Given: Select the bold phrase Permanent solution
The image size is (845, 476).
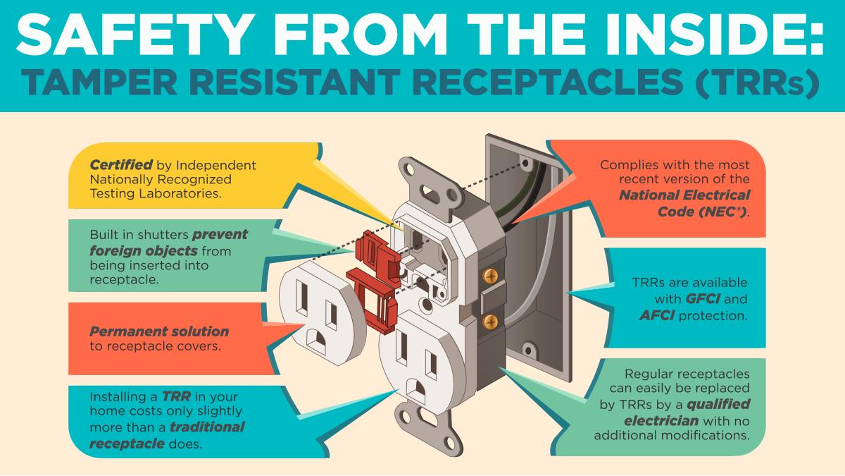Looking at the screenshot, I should [x=159, y=331].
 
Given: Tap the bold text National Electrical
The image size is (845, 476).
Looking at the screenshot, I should [x=684, y=195].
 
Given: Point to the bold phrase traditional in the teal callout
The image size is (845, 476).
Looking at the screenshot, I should [x=204, y=427].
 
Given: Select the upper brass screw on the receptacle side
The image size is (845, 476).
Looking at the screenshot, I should [x=487, y=271].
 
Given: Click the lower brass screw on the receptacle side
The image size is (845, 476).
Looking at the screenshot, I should [x=492, y=322].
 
